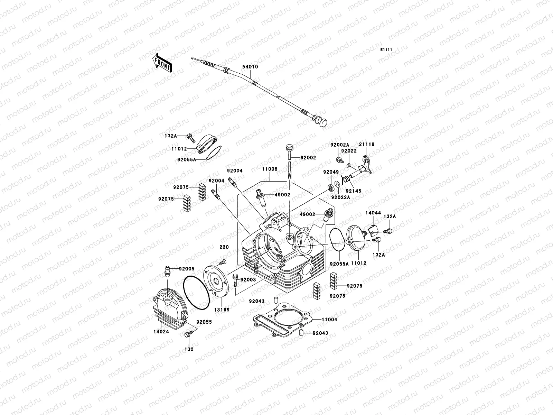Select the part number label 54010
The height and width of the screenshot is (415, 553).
pos(251,67)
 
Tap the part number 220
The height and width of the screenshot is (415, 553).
pos(224,247)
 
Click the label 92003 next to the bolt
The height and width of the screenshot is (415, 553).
pos(248,279)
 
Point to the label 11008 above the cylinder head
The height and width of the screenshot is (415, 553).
pos(270,169)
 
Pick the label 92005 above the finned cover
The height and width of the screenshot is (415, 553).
pos(187,268)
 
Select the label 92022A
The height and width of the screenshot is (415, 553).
pos(340,197)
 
